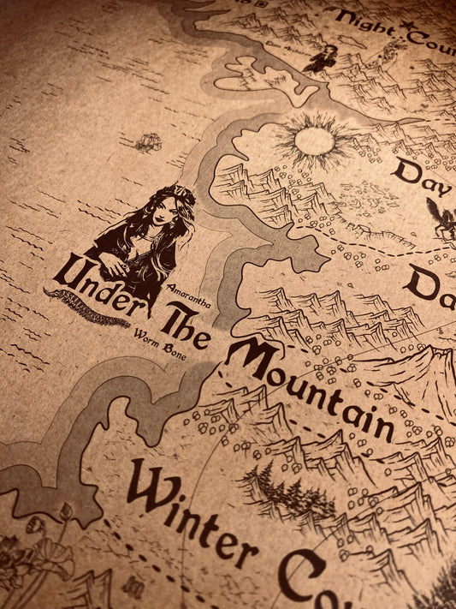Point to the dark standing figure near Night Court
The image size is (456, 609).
click(324, 58)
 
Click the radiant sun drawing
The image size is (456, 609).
click(313, 140)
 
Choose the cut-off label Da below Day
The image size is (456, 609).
click(433, 284)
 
